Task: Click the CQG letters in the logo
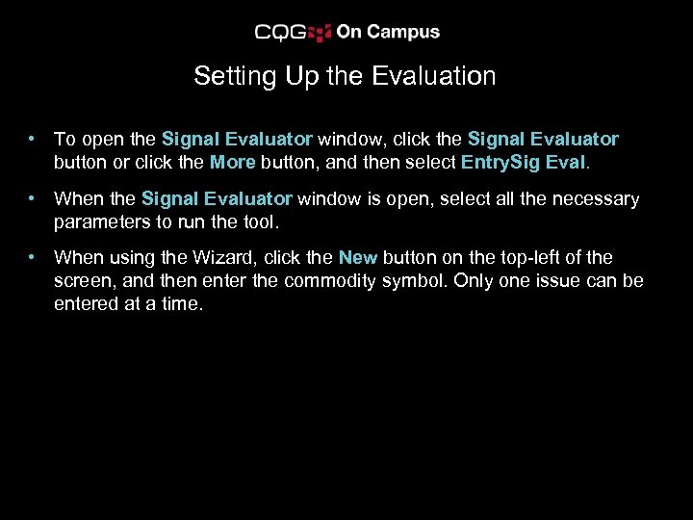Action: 280,33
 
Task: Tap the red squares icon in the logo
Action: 321,33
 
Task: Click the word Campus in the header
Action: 401,32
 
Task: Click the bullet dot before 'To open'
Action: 33,141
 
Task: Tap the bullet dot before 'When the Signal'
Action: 33,199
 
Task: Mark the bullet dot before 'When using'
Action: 33,258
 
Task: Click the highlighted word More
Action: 232,162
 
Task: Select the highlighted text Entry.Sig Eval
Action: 523,162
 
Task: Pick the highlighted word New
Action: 357,257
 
